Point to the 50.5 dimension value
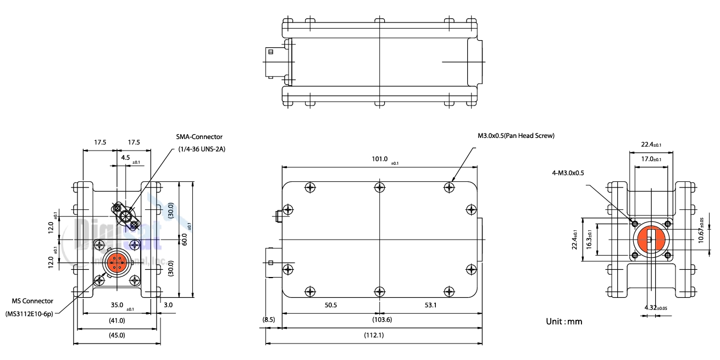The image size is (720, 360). pos(331,305)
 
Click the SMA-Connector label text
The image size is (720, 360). pos(199,137)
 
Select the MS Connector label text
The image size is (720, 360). pos(32,301)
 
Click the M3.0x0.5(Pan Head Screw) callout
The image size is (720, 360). pos(516,136)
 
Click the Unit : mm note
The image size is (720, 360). pos(564,321)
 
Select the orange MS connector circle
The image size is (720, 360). pos(117,263)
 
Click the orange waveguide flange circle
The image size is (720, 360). pos(651,240)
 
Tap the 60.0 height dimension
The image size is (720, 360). pos(185,240)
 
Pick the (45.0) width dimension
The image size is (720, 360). pos(117,335)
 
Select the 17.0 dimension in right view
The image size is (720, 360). pos(651,159)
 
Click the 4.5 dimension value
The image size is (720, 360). pos(125,157)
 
